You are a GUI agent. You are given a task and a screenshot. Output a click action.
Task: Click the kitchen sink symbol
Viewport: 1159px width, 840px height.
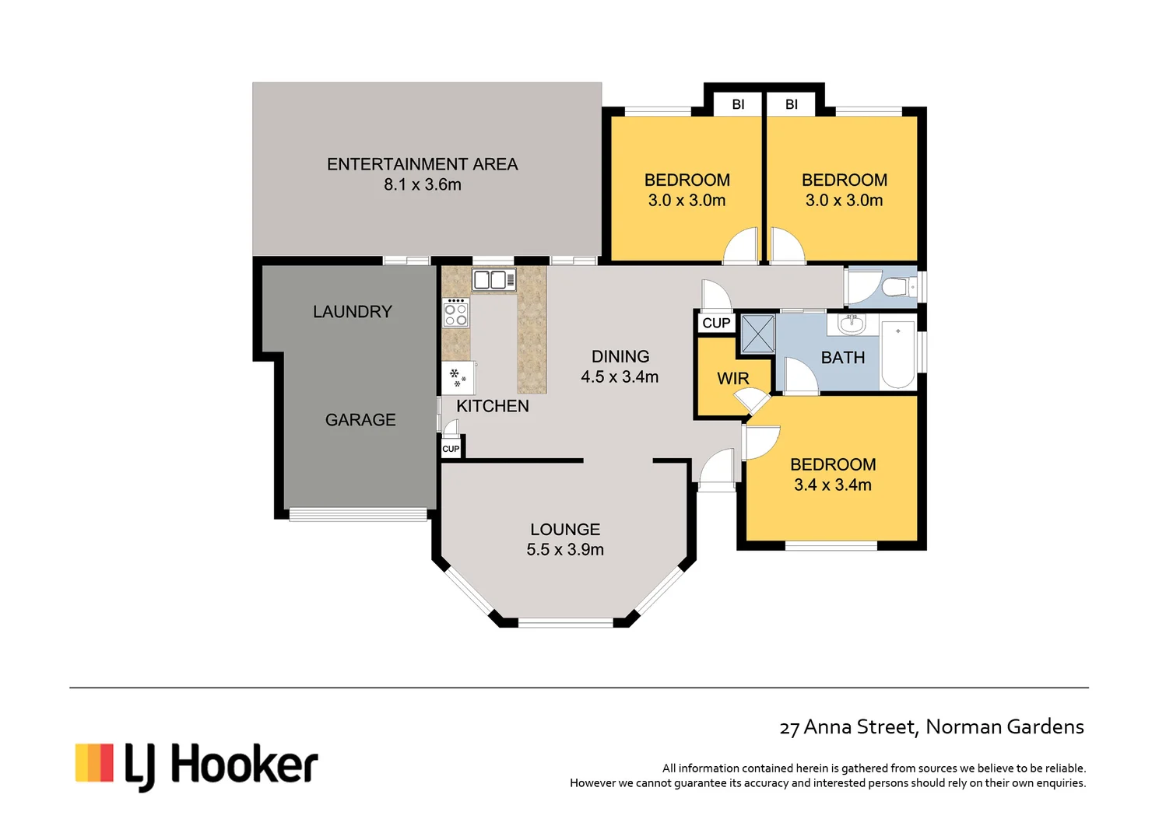pos(493,280)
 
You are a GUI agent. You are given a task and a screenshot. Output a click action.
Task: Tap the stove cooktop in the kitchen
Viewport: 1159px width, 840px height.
pos(455,313)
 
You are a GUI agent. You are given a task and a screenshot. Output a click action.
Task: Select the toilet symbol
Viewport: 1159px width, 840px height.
pos(898,287)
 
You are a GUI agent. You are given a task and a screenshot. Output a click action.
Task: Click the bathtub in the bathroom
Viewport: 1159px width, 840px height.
pos(897,354)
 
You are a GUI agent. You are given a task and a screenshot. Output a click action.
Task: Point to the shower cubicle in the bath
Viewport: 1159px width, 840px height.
pos(757,334)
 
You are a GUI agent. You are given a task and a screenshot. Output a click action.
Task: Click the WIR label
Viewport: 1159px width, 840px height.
pos(732,379)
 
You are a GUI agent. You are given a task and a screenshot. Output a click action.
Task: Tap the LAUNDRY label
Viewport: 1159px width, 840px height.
pos(352,312)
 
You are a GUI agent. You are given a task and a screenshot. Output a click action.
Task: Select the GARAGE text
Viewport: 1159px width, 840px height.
pos(360,420)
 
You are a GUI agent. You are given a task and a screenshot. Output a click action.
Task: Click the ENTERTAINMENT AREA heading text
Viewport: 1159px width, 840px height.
pos(422,164)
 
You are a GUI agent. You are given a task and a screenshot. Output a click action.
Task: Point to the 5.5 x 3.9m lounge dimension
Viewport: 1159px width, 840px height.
pos(565,550)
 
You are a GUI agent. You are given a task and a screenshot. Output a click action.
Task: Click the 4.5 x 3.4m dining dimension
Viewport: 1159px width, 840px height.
pos(620,377)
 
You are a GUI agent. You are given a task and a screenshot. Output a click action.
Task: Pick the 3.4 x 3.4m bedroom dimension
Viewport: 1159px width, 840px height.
pos(833,485)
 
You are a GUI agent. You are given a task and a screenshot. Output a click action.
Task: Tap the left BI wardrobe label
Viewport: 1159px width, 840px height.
pos(738,104)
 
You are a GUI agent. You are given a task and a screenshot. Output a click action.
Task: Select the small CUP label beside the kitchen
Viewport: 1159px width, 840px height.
pos(451,449)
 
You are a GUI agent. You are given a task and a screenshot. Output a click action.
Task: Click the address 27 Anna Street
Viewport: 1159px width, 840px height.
pos(931,727)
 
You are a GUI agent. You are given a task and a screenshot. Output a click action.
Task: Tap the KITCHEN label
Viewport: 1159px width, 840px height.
pos(492,406)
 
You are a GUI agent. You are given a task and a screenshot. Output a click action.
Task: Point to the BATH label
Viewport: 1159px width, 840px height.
pos(843,358)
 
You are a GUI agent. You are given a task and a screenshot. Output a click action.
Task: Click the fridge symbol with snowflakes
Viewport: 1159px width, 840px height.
pos(458,378)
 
